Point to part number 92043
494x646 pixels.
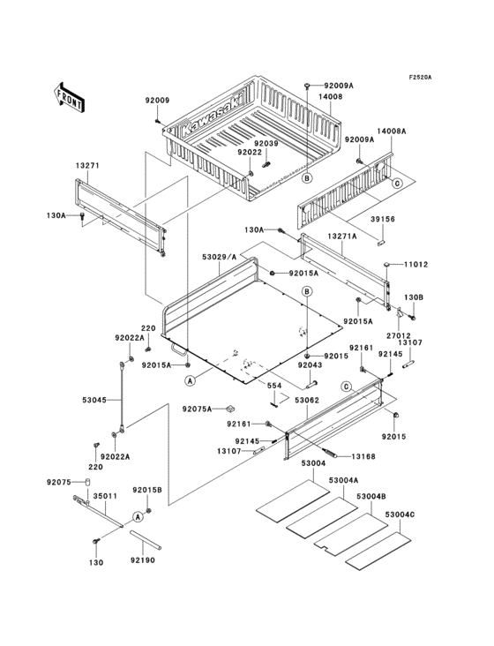pos(310,364)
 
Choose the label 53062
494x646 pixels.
pos(307,400)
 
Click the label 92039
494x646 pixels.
pos(266,144)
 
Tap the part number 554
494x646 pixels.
pos(276,386)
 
